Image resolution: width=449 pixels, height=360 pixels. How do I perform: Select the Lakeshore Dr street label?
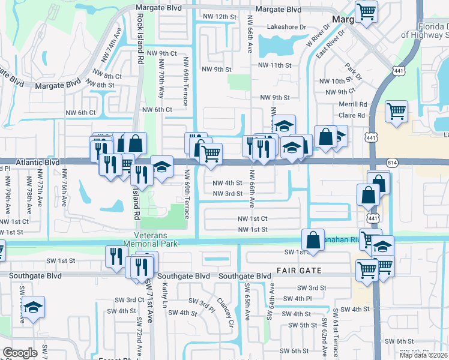286,27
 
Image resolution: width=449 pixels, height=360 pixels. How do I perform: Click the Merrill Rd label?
352,104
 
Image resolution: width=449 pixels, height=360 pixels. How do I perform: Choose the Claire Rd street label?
352,115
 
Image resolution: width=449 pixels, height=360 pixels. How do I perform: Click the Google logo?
19,353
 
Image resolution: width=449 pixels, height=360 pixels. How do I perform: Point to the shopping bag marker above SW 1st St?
313,239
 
